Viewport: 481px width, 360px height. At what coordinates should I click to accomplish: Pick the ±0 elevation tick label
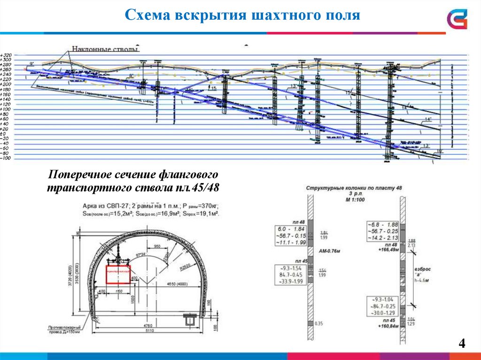(6, 134)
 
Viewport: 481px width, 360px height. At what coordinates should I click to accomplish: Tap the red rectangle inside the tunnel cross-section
(117, 275)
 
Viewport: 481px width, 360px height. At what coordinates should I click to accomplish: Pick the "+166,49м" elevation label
(388, 250)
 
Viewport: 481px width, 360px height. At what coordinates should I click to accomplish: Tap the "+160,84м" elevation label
(388, 325)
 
